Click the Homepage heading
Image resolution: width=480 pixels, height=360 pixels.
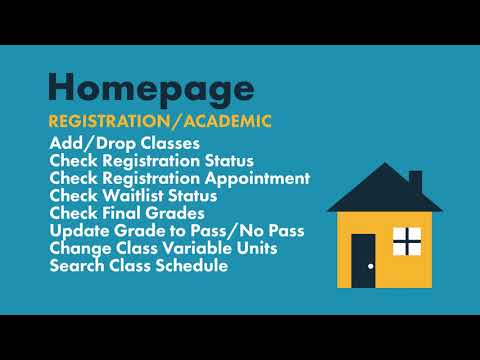coord(150,87)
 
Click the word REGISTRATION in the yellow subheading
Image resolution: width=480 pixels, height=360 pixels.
coord(107,122)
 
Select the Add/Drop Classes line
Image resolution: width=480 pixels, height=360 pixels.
coord(124,143)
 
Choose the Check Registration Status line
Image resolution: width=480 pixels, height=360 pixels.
coord(151,160)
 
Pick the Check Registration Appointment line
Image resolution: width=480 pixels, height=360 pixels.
coord(179,178)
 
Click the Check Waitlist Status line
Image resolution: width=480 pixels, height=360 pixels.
coord(133,195)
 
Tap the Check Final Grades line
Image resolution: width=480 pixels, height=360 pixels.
coord(127,213)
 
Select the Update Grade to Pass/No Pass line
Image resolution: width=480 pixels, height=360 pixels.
coord(177,231)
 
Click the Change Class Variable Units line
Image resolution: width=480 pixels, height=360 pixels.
coord(163,248)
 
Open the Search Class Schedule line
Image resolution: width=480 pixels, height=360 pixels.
coord(138,266)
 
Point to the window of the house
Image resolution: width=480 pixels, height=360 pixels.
coord(406,241)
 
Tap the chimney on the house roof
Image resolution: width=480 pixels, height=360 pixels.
coord(414,180)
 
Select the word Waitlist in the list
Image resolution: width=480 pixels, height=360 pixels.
coord(134,195)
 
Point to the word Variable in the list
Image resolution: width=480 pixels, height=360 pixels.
coord(204,248)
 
